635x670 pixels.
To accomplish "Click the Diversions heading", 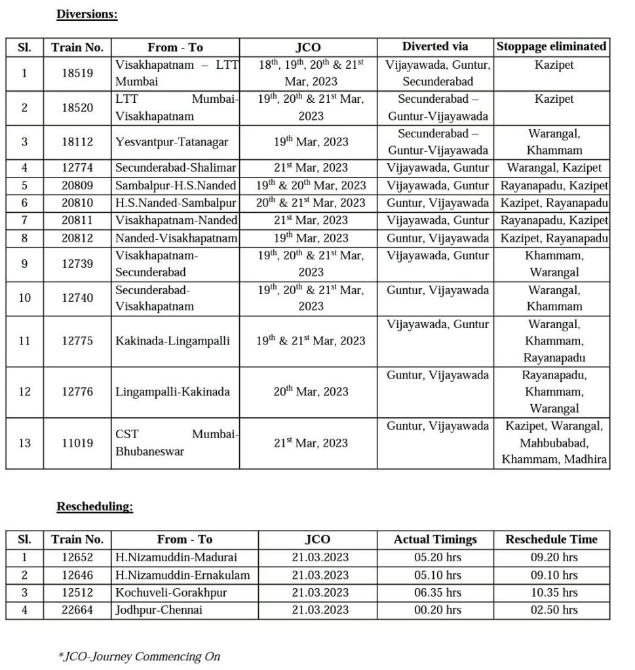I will click(87, 14).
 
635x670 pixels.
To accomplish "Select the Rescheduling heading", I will click(94, 506).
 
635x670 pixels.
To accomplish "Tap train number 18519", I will click(77, 73).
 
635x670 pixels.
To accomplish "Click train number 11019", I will click(77, 443).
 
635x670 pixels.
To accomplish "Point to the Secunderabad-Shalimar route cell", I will click(176, 168).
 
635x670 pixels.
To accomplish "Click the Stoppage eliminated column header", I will click(551, 47).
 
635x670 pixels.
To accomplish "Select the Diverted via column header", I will click(435, 47).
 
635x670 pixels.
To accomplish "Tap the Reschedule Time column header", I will click(551, 540).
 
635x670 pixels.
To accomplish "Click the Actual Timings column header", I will click(435, 540).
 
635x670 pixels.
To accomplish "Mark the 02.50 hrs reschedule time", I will click(553, 610).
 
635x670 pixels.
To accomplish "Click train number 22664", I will click(77, 610).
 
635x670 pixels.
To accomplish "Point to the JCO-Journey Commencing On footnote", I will click(139, 656).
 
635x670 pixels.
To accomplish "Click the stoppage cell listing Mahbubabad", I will click(553, 443).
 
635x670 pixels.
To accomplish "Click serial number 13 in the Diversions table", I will click(24, 443).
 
